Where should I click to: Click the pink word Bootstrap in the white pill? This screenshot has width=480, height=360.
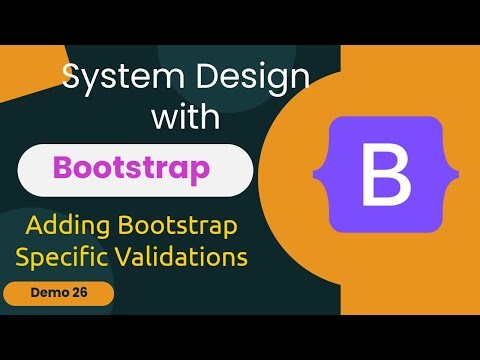(x=132, y=166)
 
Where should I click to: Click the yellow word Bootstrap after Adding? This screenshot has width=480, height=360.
(x=179, y=225)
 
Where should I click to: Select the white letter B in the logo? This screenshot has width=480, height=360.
(x=385, y=174)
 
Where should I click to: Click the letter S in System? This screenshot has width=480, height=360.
(x=72, y=77)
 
